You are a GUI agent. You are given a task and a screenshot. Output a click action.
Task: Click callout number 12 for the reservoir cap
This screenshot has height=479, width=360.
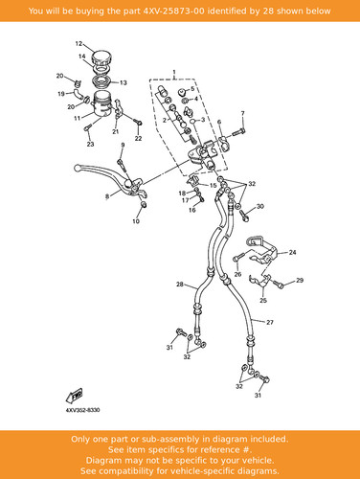pos(79,43)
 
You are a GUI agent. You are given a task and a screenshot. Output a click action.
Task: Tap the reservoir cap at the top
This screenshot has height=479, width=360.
pos(101,58)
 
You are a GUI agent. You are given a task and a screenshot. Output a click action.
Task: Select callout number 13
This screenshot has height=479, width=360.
pos(124,82)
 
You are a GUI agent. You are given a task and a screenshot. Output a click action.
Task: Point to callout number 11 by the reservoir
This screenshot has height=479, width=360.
pos(78,118)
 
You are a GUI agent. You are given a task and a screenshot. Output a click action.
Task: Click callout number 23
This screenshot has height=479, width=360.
pos(91,144)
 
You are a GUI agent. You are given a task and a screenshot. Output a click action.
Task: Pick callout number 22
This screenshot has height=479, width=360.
pos(138,138)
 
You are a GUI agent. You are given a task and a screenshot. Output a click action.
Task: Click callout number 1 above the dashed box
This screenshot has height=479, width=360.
pos(174,72)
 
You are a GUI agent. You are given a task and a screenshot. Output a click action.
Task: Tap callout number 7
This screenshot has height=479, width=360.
pos(243,113)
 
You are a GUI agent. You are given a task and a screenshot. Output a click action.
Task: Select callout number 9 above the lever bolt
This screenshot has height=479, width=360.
pos(123,146)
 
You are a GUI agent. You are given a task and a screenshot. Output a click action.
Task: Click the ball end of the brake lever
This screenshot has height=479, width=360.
pos(77,168)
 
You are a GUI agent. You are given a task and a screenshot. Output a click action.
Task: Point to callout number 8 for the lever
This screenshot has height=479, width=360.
pos(107,196)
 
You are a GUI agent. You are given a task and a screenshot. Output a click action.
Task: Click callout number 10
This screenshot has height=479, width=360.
pos(136,221)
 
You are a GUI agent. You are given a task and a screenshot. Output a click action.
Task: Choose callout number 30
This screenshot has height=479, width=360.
pos(260,206)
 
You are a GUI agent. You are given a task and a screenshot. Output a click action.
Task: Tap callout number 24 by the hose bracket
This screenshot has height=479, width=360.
pos(292,252)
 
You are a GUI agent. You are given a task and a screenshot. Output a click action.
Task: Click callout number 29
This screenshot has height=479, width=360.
pos(300,280)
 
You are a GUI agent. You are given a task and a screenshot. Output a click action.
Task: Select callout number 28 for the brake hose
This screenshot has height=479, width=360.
pos(180,284)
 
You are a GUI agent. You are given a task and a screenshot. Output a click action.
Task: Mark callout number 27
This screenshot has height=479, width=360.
pos(270,322)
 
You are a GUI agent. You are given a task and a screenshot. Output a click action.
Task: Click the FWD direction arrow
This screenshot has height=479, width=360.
pos(74,396)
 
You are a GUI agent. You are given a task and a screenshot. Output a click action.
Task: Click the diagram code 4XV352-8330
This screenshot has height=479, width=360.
pos(82,410)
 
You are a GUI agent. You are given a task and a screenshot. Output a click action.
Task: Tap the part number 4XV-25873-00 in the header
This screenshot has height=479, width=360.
pos(173,11)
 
